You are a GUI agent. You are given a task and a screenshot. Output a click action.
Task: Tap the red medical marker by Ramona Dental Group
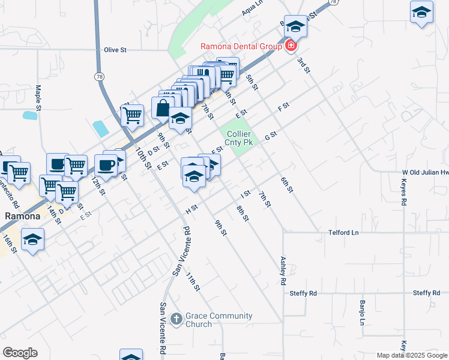tap(291, 45)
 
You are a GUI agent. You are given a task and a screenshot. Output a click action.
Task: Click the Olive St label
tap(116, 50)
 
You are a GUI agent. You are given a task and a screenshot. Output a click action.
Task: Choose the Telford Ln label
tap(343, 232)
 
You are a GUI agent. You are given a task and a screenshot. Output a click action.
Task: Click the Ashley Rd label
tap(283, 271)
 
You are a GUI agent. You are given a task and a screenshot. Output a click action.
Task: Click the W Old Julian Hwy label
tap(426, 172)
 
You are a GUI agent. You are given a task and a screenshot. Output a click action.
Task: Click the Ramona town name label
tap(22, 216)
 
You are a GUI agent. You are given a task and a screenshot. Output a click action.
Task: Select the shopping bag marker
tap(163, 108)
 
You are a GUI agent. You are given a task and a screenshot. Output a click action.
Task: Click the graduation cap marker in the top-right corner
tap(421, 12)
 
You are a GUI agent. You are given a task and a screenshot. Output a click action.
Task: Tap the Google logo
tap(20, 353)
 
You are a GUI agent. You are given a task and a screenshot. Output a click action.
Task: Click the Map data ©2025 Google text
tap(412, 355)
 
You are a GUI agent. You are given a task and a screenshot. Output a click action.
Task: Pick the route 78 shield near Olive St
tap(98, 76)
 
